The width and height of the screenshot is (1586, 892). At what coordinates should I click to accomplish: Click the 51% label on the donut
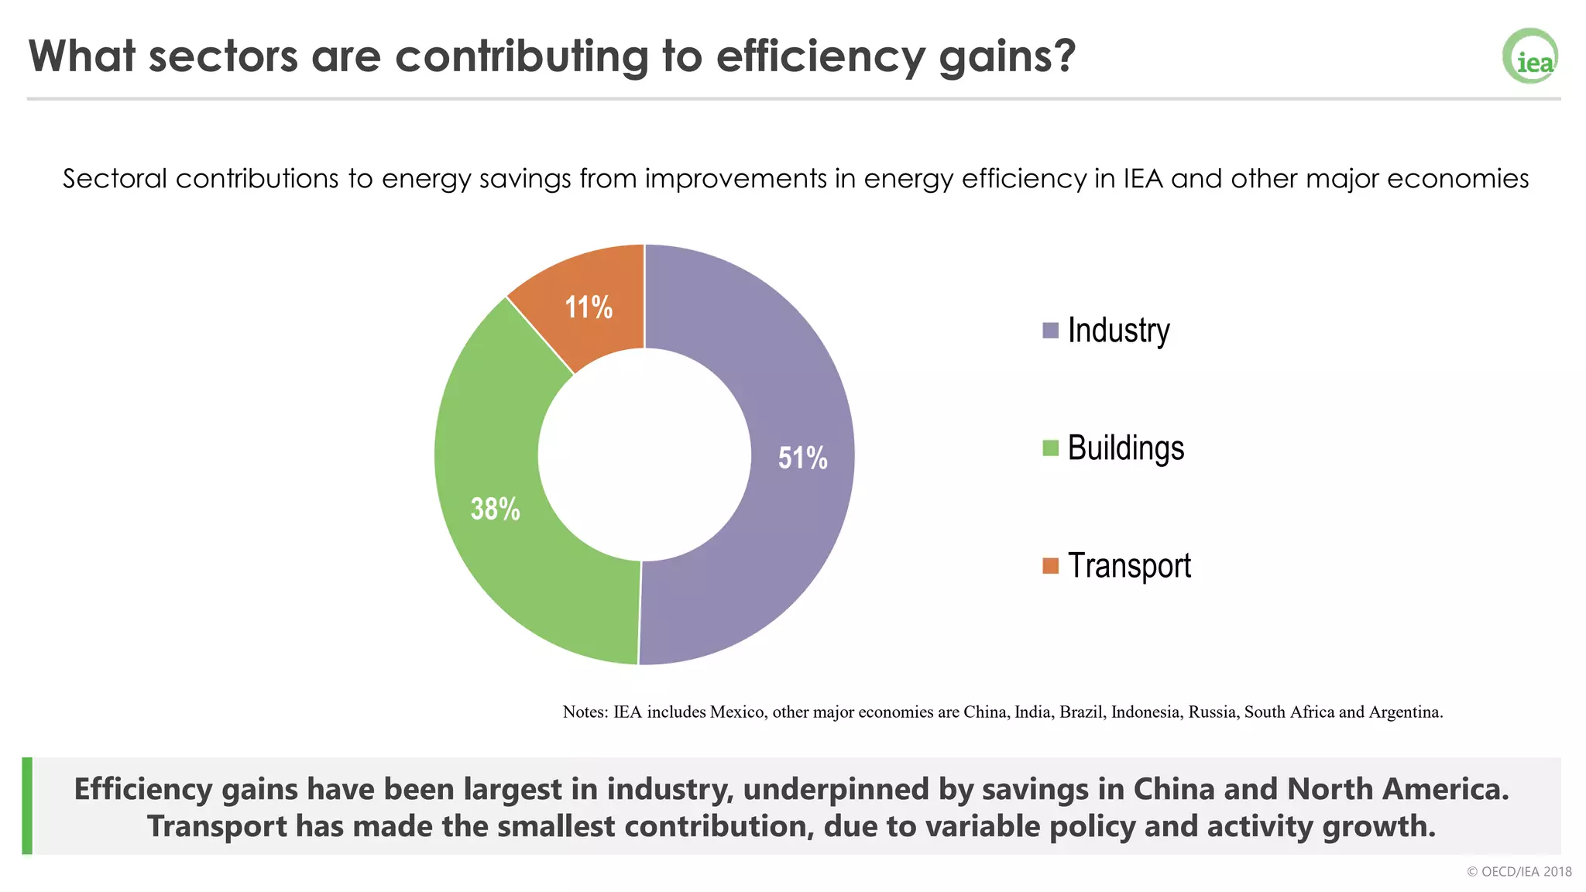(x=802, y=458)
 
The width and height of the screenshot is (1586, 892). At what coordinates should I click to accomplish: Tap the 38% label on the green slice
(x=495, y=509)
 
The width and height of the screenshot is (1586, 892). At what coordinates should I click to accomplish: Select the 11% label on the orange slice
(x=589, y=307)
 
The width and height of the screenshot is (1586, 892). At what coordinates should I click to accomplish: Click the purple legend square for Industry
(x=1050, y=331)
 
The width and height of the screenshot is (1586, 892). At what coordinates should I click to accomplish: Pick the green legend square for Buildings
(x=1050, y=448)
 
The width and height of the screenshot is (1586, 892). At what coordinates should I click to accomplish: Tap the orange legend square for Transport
(x=1050, y=566)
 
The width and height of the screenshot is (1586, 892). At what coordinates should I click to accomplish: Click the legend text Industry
(x=1118, y=331)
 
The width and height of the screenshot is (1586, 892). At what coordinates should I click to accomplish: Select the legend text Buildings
(x=1125, y=448)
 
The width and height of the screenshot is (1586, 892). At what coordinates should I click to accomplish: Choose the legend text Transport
(x=1129, y=566)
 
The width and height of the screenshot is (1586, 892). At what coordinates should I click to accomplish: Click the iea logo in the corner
(x=1530, y=57)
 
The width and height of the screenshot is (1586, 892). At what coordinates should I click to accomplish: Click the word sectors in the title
(x=223, y=56)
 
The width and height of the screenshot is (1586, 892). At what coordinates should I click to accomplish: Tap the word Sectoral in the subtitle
(x=115, y=179)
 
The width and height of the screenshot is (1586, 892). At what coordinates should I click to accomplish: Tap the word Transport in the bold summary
(x=217, y=826)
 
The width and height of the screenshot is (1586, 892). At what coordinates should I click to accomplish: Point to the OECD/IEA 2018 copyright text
(x=1519, y=872)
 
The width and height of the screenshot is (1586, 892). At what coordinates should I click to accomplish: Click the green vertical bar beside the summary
(x=27, y=805)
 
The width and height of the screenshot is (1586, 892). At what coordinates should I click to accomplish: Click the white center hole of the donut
(x=644, y=455)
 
